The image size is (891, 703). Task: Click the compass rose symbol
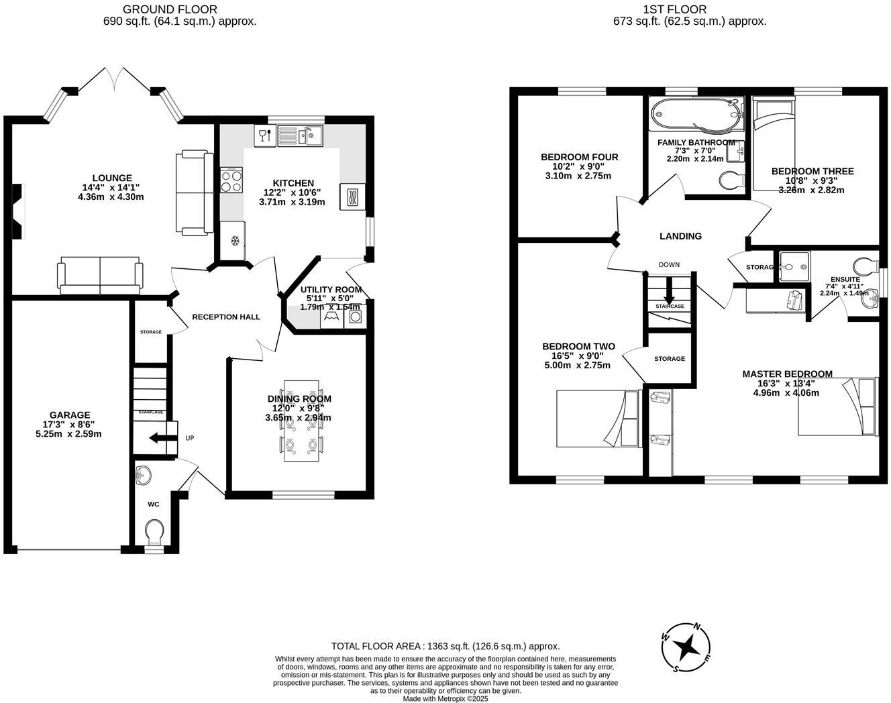(687, 648)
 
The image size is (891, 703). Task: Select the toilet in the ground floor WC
(154, 534)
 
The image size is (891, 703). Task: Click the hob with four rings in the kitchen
(231, 180)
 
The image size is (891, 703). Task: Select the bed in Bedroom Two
(598, 419)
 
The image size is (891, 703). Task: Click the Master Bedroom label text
(787, 374)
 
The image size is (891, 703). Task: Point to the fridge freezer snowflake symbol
(235, 241)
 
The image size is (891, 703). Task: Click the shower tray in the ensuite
(794, 266)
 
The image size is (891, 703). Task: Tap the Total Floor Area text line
(445, 647)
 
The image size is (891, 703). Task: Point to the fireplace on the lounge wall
(19, 211)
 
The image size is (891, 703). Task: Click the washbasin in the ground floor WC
(143, 476)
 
